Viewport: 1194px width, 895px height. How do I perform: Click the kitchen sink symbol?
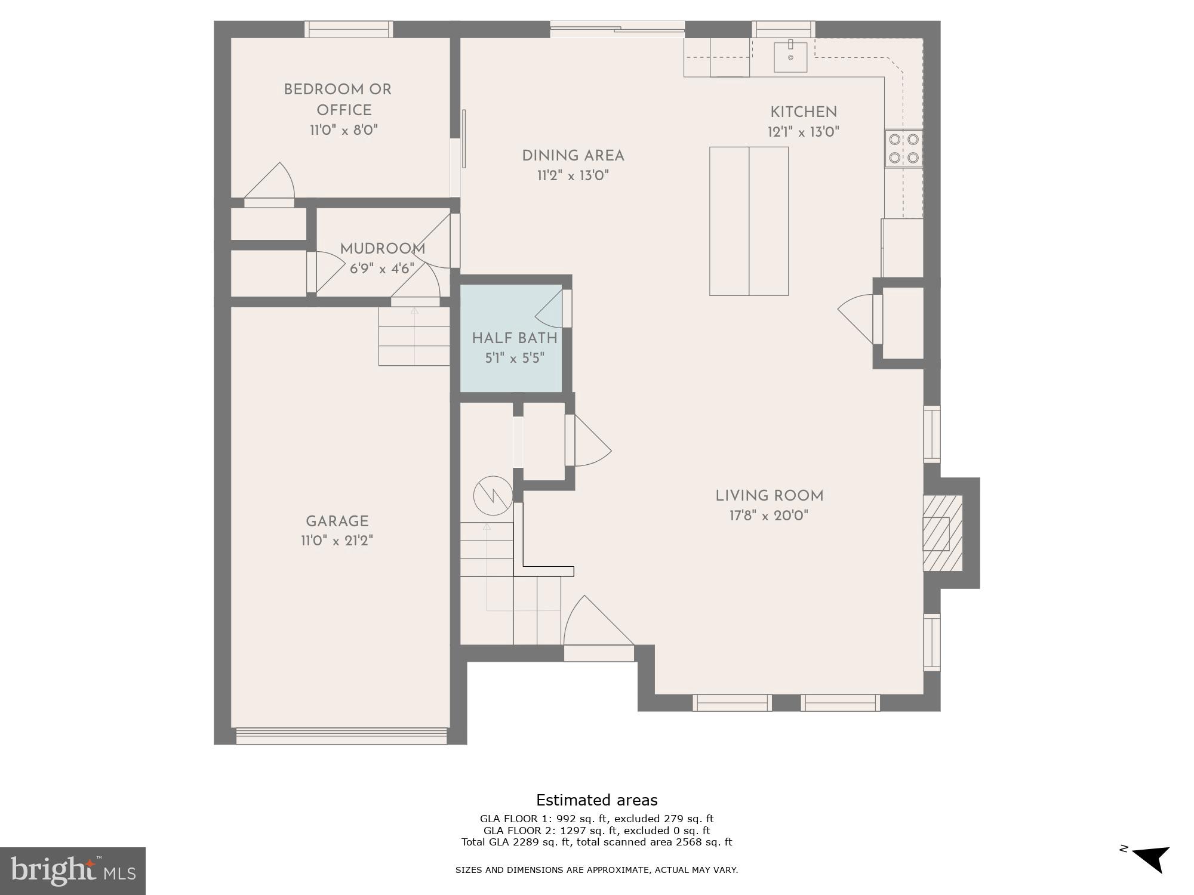point(790,57)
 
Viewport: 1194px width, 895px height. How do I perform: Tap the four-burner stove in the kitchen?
point(903,149)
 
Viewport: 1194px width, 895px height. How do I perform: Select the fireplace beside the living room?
point(943,533)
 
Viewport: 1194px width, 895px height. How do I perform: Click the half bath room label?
point(514,338)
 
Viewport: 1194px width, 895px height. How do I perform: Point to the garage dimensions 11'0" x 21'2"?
point(337,541)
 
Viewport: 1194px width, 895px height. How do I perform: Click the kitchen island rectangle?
point(749,221)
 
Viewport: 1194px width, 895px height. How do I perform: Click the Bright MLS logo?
point(72,871)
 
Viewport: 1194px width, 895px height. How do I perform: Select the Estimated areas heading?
point(596,800)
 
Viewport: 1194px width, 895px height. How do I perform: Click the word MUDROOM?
point(383,249)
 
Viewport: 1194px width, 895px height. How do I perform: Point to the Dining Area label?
point(573,156)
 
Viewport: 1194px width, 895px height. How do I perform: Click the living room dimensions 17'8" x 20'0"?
point(769,516)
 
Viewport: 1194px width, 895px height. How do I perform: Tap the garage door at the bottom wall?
point(341,736)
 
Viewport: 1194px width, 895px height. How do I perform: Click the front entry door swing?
point(597,626)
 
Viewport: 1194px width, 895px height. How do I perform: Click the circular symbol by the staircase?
point(493,495)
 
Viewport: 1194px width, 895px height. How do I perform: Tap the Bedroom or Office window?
point(349,29)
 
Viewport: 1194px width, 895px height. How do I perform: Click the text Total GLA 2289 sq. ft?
point(516,842)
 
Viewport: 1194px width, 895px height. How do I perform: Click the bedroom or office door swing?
point(272,182)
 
